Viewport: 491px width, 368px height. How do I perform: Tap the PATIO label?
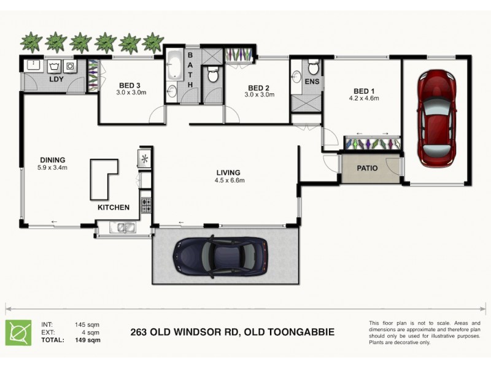coord(367,168)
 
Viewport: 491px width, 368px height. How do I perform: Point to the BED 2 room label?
coord(259,87)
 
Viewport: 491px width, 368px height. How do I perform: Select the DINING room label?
coord(52,159)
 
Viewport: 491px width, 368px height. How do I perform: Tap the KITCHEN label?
coord(114,207)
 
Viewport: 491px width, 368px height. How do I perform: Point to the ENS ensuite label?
coord(311,81)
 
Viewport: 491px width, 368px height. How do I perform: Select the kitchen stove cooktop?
coord(146,205)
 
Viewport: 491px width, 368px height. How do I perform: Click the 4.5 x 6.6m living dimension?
coord(230,180)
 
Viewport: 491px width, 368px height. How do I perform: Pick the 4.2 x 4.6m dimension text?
coord(364,98)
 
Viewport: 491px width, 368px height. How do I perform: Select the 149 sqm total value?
coord(88,339)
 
